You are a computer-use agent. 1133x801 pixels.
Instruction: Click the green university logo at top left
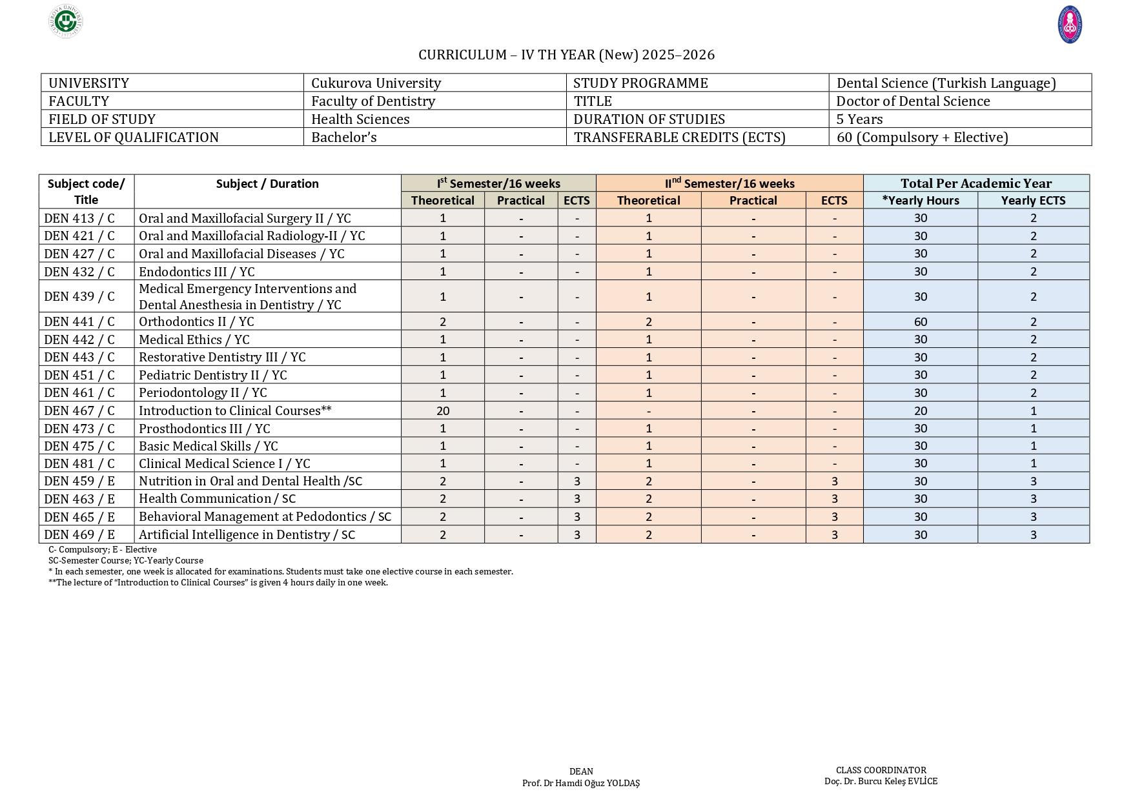65,21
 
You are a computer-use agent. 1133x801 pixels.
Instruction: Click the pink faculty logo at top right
1070,25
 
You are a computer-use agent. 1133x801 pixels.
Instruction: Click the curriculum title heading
566,55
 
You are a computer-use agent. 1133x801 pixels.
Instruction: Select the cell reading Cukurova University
376,83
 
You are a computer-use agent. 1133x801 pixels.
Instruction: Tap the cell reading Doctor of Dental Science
912,101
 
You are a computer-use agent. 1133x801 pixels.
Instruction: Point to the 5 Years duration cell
859,119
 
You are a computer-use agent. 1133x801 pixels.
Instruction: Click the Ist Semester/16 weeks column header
498,183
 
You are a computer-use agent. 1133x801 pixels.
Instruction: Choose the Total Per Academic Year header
975,183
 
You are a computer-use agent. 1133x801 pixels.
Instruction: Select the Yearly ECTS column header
1033,201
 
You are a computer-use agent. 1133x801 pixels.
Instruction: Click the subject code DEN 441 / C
79,321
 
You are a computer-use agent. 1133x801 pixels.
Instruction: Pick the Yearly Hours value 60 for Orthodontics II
920,321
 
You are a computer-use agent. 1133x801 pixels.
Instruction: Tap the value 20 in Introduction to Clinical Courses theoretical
442,411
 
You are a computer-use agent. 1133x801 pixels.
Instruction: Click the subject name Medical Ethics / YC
194,340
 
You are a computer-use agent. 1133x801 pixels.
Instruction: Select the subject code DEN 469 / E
79,534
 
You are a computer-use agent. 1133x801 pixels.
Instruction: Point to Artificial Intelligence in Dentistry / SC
247,534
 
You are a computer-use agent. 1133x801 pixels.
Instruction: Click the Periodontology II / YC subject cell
202,392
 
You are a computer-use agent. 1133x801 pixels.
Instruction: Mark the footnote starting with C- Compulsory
102,550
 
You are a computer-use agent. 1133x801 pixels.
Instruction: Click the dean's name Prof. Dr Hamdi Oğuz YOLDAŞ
580,783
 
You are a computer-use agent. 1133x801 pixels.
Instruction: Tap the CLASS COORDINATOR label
881,770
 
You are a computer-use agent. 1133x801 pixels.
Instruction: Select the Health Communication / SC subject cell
217,498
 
